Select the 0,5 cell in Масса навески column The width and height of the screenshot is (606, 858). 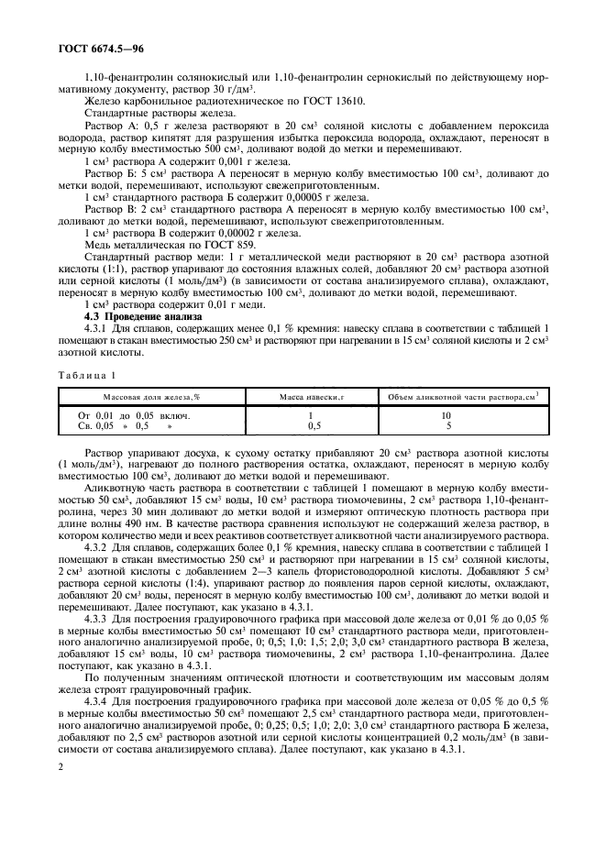[x=313, y=425]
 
